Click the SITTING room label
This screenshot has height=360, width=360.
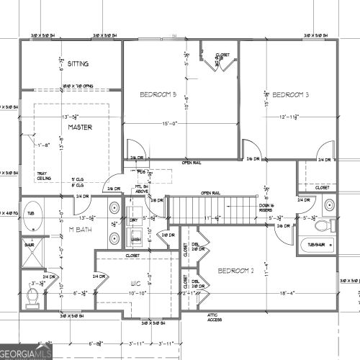[x=78, y=64]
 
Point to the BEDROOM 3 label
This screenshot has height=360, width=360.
[x=291, y=94]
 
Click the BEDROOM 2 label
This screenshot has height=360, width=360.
[x=238, y=271]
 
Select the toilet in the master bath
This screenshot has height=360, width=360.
[x=32, y=295]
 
